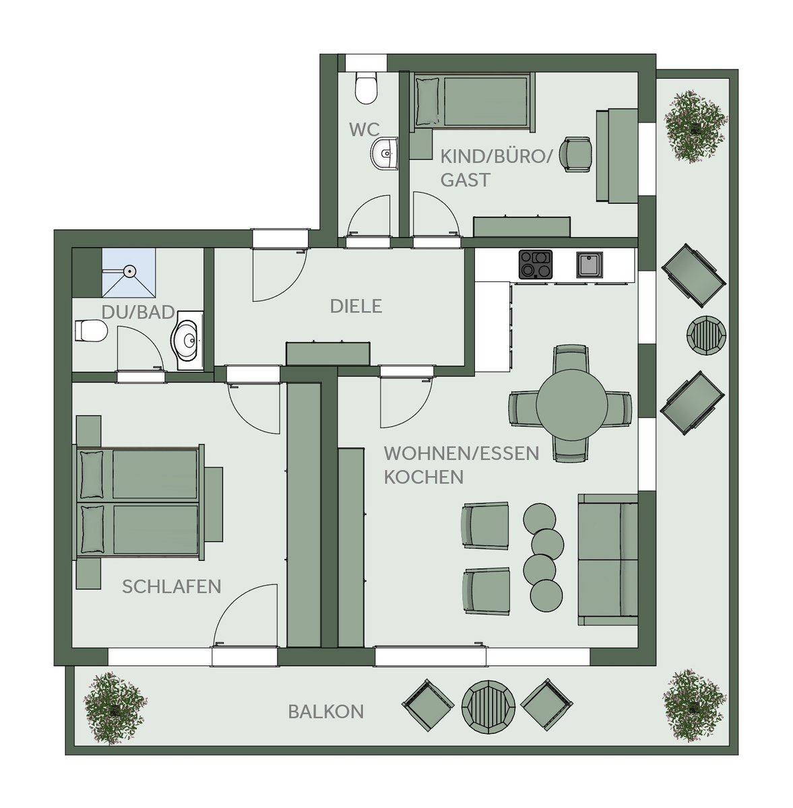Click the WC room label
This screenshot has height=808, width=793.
[x=364, y=129]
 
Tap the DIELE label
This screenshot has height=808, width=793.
[x=356, y=306]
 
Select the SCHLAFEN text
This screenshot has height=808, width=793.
[x=172, y=586]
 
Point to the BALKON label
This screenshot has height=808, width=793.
[x=326, y=712]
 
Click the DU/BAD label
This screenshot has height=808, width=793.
[x=138, y=312]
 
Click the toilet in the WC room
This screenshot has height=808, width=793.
[x=366, y=88]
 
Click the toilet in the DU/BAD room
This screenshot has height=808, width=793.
[x=91, y=331]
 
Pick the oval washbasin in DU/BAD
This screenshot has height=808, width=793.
[x=187, y=341]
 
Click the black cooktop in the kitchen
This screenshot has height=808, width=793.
[x=536, y=265]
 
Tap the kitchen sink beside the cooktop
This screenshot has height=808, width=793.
[x=589, y=265]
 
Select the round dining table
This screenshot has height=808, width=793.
[x=571, y=404]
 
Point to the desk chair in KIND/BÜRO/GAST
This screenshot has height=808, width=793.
[x=578, y=154]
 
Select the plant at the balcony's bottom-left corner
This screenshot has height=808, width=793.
[x=115, y=708]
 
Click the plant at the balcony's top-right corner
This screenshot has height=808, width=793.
[x=695, y=125]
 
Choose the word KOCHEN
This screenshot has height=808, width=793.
[x=424, y=477]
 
